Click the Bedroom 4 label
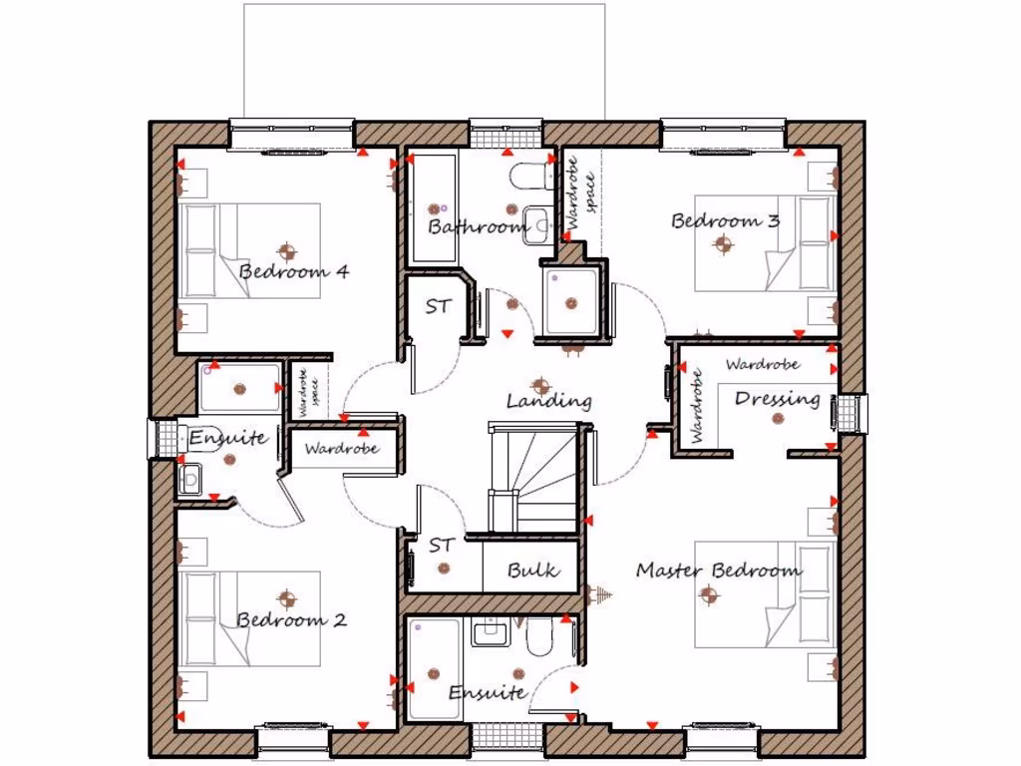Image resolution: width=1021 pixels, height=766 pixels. pos(294,271)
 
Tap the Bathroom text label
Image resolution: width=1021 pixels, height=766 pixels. pos(478,227)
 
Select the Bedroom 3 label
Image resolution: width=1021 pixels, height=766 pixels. pos(725,220)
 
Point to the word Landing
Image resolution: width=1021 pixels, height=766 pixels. pos(548,402)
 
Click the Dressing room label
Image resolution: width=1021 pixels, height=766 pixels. pos(777,399)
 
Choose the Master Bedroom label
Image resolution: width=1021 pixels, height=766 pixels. pos(719,571)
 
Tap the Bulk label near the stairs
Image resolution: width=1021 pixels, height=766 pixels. pos(532,572)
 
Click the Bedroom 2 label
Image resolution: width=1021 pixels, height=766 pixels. pos(291,619)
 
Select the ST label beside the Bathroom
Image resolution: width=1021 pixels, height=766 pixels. pos(438,306)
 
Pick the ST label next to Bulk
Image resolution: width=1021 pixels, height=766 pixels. pos(442,546)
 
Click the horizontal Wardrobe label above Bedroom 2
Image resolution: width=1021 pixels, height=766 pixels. pos(342,449)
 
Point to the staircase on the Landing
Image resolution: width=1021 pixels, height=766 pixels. pos(532,477)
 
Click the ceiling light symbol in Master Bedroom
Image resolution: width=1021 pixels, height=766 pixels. pos(709,595)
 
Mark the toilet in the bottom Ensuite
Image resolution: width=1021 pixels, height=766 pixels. pos(539,636)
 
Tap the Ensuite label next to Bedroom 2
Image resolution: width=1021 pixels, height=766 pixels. pos(226,437)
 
